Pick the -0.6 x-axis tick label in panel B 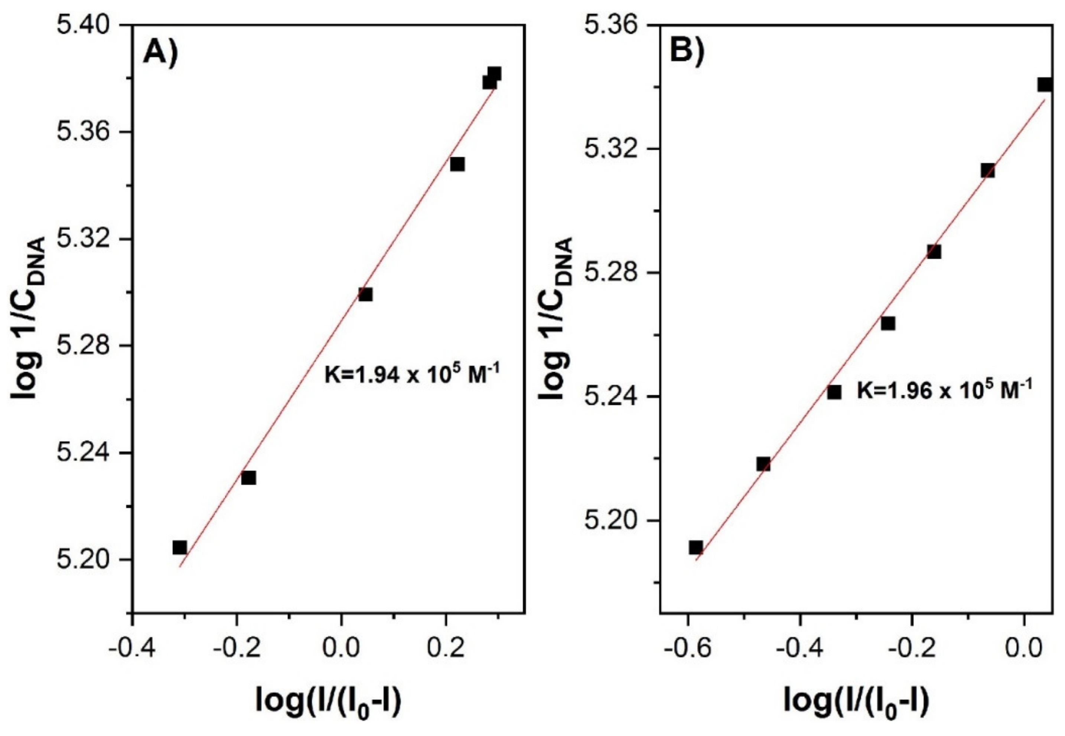(x=687, y=649)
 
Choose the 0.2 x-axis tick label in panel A (x=446, y=649)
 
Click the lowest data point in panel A (x=180, y=548)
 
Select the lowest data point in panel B (x=696, y=548)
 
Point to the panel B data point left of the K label (x=834, y=392)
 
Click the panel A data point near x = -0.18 (x=248, y=478)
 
